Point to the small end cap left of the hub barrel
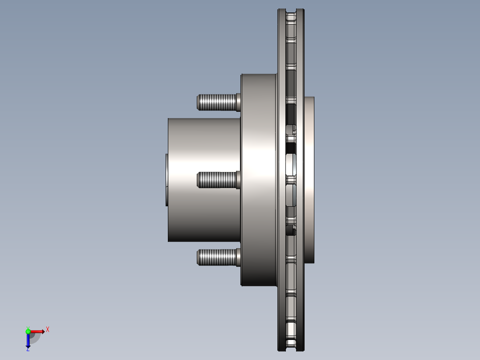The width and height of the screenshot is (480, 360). coord(167,180)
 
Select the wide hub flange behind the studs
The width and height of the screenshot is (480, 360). coord(258,134)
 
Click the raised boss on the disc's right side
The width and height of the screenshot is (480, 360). coord(309,180)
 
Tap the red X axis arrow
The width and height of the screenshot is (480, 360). coord(38,331)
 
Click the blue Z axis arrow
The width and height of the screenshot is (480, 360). coord(28,341)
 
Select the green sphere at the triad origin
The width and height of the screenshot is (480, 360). coord(28,331)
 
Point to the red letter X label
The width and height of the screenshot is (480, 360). coord(48,330)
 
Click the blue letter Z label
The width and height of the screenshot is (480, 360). coord(28,350)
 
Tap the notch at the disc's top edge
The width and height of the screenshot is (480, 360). coord(291,11)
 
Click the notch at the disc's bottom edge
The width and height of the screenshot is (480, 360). coord(291,349)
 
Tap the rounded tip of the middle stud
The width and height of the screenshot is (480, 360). coord(198,180)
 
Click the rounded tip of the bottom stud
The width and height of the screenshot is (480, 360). coord(198,258)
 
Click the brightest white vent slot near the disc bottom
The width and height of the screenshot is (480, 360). coord(291,329)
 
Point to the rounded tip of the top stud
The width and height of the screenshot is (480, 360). coord(198,102)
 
